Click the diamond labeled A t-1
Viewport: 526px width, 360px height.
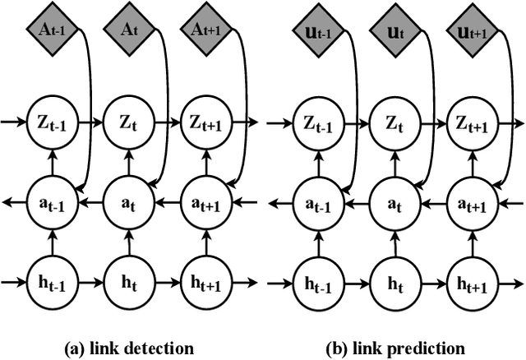[52, 30]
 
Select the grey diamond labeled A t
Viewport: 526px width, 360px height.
[127, 30]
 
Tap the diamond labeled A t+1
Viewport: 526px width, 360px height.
[202, 30]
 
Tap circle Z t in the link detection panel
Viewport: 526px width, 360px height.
[127, 124]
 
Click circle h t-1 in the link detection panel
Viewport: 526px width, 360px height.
[52, 284]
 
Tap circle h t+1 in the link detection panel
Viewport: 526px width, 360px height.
[202, 284]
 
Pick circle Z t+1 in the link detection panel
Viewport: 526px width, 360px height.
[202, 124]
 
